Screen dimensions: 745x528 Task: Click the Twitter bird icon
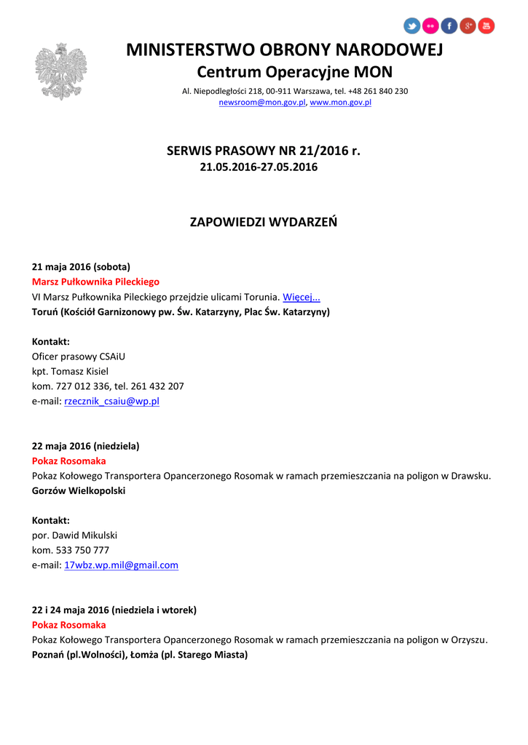point(412,26)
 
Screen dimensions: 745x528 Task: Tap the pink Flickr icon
point(430,26)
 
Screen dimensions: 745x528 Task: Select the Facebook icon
point(449,26)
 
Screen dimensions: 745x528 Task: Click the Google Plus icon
point(468,26)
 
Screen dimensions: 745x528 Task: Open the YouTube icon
point(486,26)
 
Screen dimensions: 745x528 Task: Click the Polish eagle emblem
point(61,71)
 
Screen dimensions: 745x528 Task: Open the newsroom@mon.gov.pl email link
point(262,103)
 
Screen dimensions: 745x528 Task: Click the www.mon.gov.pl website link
point(341,103)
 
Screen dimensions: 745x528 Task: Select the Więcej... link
point(302,297)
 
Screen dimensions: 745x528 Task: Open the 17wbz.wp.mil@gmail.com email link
point(121,565)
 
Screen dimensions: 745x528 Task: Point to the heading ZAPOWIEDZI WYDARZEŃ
point(264,222)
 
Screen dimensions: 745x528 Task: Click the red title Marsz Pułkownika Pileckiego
point(95,282)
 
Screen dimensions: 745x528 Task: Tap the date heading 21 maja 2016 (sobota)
point(81,266)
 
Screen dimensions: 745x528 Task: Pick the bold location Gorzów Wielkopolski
point(79,491)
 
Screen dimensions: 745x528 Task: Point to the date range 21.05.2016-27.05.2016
point(259,167)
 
